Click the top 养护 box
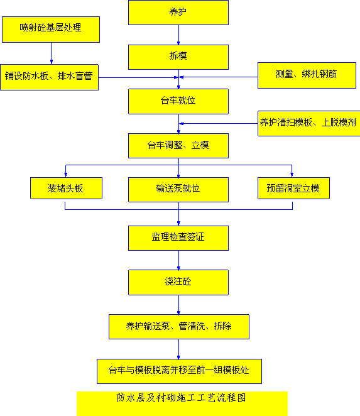click(x=178, y=13)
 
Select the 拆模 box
click(x=178, y=57)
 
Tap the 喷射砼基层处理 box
click(x=51, y=30)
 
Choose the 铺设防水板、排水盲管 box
click(x=50, y=77)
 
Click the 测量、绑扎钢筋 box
click(x=307, y=75)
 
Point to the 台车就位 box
click(x=178, y=101)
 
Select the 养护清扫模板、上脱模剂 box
click(x=309, y=123)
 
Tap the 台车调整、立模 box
click(x=178, y=146)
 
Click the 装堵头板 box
click(x=67, y=188)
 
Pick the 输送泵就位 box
click(x=178, y=190)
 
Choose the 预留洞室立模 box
click(x=293, y=188)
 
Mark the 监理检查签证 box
click(x=178, y=238)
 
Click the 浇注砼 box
click(x=178, y=282)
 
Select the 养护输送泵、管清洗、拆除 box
click(x=179, y=327)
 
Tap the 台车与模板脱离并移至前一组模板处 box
click(x=179, y=371)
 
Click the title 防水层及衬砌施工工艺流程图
click(x=182, y=398)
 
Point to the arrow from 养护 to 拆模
click(x=178, y=35)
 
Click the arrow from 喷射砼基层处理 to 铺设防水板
click(x=51, y=53)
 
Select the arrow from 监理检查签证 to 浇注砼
click(x=178, y=260)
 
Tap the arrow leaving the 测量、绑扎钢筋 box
click(x=219, y=77)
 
